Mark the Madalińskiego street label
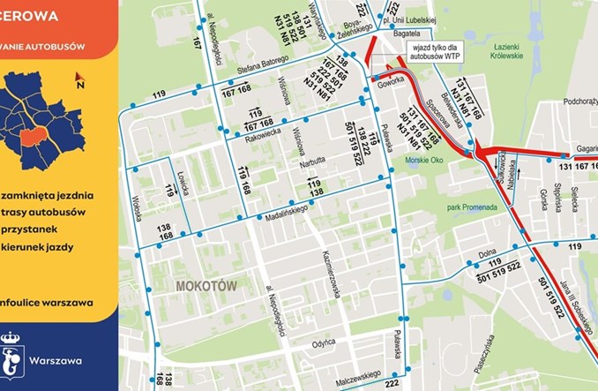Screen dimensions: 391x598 283,210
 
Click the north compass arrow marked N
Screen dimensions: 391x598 78,81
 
